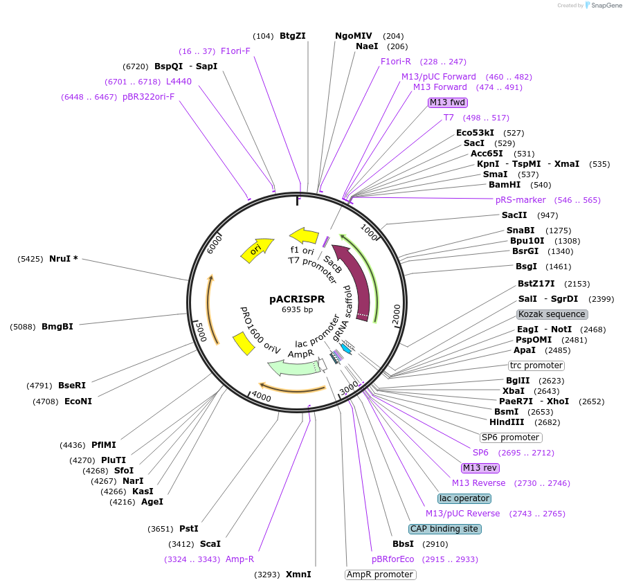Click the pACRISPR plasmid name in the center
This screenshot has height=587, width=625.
296,298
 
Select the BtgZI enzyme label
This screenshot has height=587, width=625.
292,36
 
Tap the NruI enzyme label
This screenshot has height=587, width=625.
63,258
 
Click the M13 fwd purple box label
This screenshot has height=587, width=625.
447,102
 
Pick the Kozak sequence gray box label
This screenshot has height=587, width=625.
552,314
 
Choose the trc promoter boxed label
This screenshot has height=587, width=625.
536,365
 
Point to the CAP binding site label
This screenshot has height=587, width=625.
444,529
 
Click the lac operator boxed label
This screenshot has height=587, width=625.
464,498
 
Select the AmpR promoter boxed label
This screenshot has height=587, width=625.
380,575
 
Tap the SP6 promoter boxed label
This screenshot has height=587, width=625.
510,437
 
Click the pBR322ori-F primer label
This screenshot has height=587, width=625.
148,96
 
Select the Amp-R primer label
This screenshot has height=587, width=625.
239,559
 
